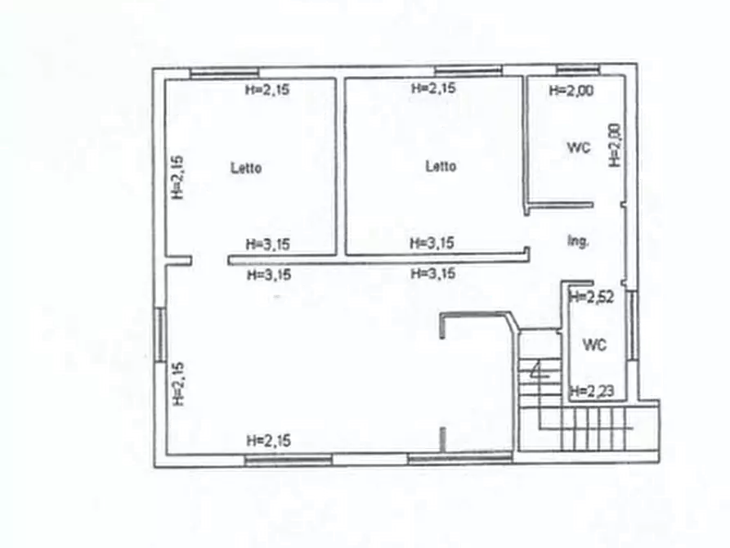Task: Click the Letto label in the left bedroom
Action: (246, 168)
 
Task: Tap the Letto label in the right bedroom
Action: (441, 166)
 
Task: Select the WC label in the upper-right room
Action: (579, 147)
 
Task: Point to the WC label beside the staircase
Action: (594, 345)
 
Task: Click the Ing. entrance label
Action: (578, 241)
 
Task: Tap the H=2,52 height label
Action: (590, 297)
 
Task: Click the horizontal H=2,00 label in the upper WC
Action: (571, 91)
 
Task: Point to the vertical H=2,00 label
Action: (616, 146)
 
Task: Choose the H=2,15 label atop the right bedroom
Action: (433, 88)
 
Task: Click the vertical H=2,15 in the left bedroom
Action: (177, 177)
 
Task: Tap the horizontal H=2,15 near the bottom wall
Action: (267, 441)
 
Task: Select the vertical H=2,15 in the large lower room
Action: (179, 384)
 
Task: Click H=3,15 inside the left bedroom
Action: (267, 244)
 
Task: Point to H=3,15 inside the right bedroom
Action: (432, 242)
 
